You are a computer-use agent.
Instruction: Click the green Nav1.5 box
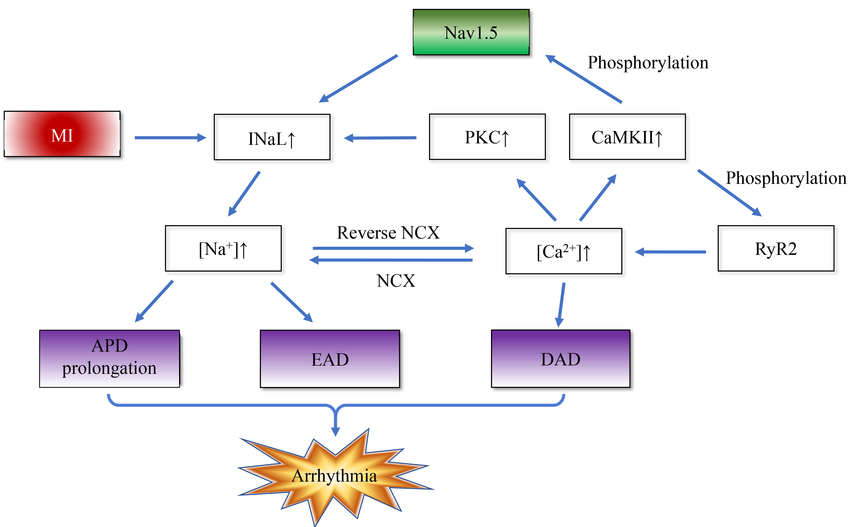coord(471,32)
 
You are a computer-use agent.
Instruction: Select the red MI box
coord(62,134)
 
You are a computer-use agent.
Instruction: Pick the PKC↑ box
coord(487,137)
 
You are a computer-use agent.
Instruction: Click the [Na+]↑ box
coord(223,248)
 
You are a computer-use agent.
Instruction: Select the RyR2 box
coord(776,248)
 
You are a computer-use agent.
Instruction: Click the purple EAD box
coord(330,359)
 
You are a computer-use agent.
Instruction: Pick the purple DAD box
coord(560,359)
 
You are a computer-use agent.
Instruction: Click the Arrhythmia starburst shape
coord(334,476)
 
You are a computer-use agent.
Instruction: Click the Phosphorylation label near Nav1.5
coord(648,63)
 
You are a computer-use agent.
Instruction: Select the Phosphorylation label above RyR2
coord(786,178)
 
